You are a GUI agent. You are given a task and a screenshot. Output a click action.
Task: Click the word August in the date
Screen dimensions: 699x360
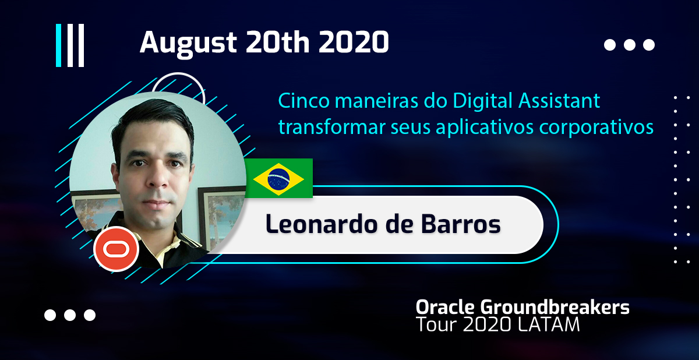pos(188,43)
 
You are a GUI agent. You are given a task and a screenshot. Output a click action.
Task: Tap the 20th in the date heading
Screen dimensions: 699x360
pos(278,42)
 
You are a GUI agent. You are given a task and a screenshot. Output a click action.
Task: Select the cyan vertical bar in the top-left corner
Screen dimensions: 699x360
pos(58,45)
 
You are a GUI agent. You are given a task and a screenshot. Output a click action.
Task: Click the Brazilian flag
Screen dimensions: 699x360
pos(278,178)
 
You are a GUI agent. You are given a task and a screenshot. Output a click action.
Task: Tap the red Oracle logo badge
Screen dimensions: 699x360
pos(116,249)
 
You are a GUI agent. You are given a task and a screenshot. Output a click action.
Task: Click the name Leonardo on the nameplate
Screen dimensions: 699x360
pos(322,224)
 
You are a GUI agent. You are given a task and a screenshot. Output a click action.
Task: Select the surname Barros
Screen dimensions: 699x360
pos(461,224)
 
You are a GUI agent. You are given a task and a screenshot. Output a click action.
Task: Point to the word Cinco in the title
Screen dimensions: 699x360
pos(303,101)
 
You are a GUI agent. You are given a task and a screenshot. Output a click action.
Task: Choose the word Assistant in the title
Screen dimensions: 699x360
pos(559,101)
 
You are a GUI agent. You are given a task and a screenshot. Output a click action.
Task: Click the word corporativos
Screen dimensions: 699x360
pos(596,128)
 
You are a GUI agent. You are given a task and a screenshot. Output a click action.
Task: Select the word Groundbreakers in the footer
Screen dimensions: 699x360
pos(555,307)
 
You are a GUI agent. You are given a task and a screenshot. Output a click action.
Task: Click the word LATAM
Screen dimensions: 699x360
pos(548,324)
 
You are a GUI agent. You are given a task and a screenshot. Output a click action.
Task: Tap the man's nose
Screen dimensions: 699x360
pos(160,178)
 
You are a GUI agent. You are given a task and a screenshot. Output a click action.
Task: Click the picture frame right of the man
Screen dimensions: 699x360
pos(218,216)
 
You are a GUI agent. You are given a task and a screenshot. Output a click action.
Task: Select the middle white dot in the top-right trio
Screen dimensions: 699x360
pos(630,45)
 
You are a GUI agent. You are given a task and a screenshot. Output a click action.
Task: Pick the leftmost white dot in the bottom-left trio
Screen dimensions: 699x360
pos(50,315)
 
